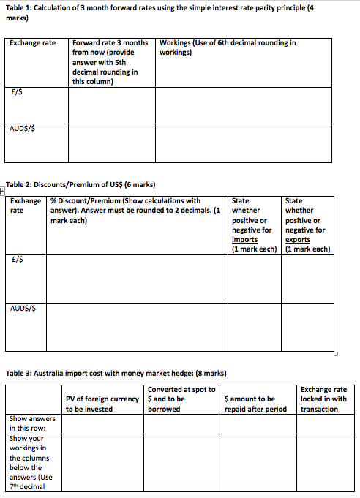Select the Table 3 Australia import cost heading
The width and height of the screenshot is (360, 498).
tap(116, 373)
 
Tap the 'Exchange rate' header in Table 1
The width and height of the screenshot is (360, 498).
tap(32, 43)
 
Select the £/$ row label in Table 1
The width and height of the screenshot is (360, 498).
tap(15, 92)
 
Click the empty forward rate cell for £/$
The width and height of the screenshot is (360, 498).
tap(111, 105)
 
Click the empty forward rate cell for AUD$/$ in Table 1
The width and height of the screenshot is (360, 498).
tap(111, 143)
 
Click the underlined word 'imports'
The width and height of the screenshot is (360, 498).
tap(244, 239)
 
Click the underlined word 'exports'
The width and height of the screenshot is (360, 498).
tap(298, 239)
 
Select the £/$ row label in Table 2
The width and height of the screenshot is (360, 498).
tap(16, 258)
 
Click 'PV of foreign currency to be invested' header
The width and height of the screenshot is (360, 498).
tap(102, 404)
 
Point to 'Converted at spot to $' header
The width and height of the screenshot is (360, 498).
tap(181, 399)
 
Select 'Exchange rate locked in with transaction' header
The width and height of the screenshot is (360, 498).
tap(324, 399)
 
